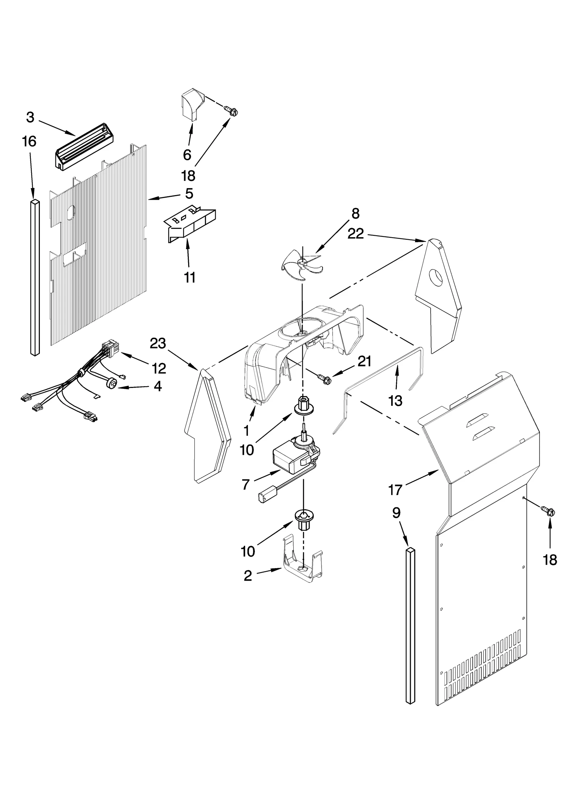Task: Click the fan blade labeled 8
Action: click(x=301, y=266)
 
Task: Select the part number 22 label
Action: click(x=355, y=234)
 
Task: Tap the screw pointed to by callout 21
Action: click(x=324, y=379)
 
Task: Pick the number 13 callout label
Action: click(x=395, y=401)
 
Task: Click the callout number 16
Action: click(x=29, y=141)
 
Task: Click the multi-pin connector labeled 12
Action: click(x=111, y=349)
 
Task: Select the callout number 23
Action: click(x=158, y=343)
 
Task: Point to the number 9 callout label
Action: click(x=396, y=513)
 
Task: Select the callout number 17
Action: click(x=395, y=490)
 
